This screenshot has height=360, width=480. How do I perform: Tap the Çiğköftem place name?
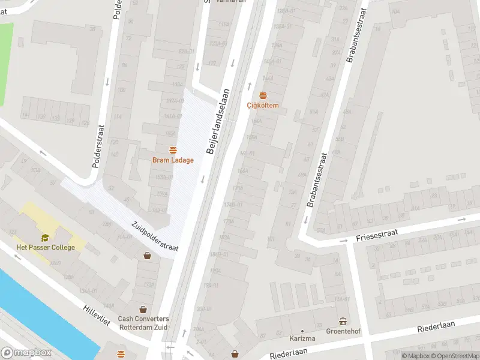pos(263,106)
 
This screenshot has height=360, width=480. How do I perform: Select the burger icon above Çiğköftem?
pos(263,95)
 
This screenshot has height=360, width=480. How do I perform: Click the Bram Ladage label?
pos(173,160)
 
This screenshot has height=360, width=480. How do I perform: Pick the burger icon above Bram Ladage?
pos(173,150)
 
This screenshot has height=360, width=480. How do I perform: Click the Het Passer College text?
pos(46,247)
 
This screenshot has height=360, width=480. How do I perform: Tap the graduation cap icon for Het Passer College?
pos(45,238)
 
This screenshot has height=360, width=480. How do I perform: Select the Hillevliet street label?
pos(97,314)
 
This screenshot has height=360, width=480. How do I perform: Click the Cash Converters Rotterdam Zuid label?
pos(143,323)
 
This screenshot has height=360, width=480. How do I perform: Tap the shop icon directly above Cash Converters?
pos(143,310)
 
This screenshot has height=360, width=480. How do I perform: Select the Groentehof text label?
pos(343,331)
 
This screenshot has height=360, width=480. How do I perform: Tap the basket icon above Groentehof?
pos(343,321)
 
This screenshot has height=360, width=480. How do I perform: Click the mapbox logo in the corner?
pos(26,353)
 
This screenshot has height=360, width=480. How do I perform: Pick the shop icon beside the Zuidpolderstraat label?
pos(147,256)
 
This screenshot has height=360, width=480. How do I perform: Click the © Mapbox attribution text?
pos(416,356)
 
